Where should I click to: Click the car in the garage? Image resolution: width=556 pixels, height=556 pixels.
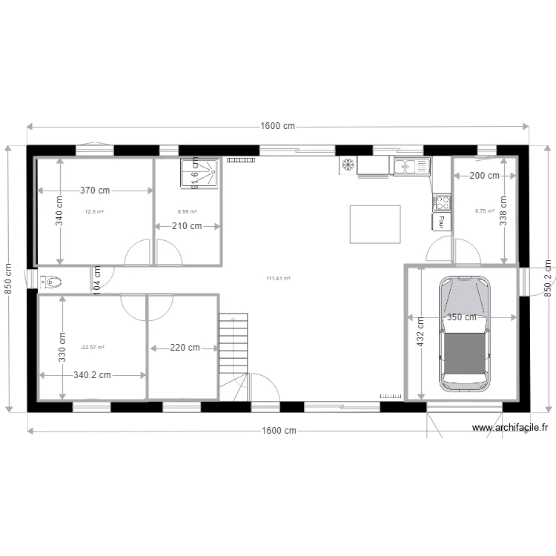[465, 334]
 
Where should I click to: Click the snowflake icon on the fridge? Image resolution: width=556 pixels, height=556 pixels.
[347, 165]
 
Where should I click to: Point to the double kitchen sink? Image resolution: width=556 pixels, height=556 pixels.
[411, 167]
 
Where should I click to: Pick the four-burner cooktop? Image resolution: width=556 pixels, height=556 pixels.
[442, 202]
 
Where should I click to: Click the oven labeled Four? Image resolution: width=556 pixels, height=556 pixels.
[442, 222]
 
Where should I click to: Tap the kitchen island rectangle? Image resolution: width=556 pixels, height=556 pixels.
[375, 224]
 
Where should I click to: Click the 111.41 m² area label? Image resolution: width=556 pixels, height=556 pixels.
[278, 279]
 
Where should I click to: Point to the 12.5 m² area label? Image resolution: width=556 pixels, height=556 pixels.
[94, 212]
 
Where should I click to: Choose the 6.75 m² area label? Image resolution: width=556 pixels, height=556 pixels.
[484, 211]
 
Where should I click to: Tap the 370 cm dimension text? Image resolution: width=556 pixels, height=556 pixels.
[95, 191]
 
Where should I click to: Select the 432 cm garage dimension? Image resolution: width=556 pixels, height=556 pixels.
[420, 332]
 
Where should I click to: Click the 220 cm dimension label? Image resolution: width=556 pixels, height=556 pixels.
[185, 348]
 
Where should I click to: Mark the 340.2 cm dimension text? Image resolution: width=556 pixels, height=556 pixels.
[92, 375]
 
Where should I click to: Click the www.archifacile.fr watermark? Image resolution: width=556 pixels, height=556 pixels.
[510, 428]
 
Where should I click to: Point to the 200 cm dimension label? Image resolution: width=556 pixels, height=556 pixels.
[485, 176]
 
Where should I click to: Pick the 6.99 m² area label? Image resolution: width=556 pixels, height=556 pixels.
[188, 212]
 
